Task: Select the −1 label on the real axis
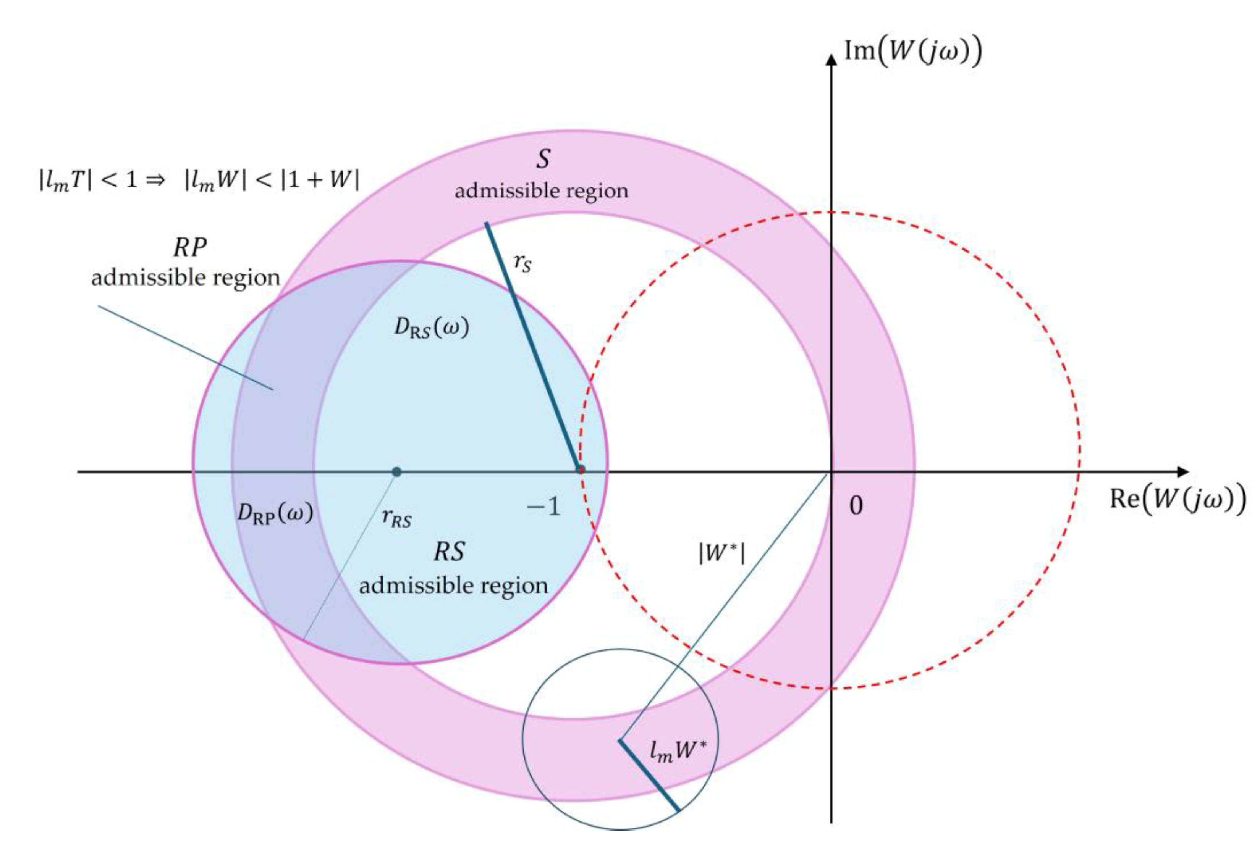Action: (543, 507)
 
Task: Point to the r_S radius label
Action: (522, 263)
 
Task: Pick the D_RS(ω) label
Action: (431, 328)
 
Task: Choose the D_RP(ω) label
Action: (275, 512)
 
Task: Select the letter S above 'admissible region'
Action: (542, 159)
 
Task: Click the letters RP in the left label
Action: (190, 247)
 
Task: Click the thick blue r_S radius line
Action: (533, 347)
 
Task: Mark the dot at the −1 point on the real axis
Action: (581, 469)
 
